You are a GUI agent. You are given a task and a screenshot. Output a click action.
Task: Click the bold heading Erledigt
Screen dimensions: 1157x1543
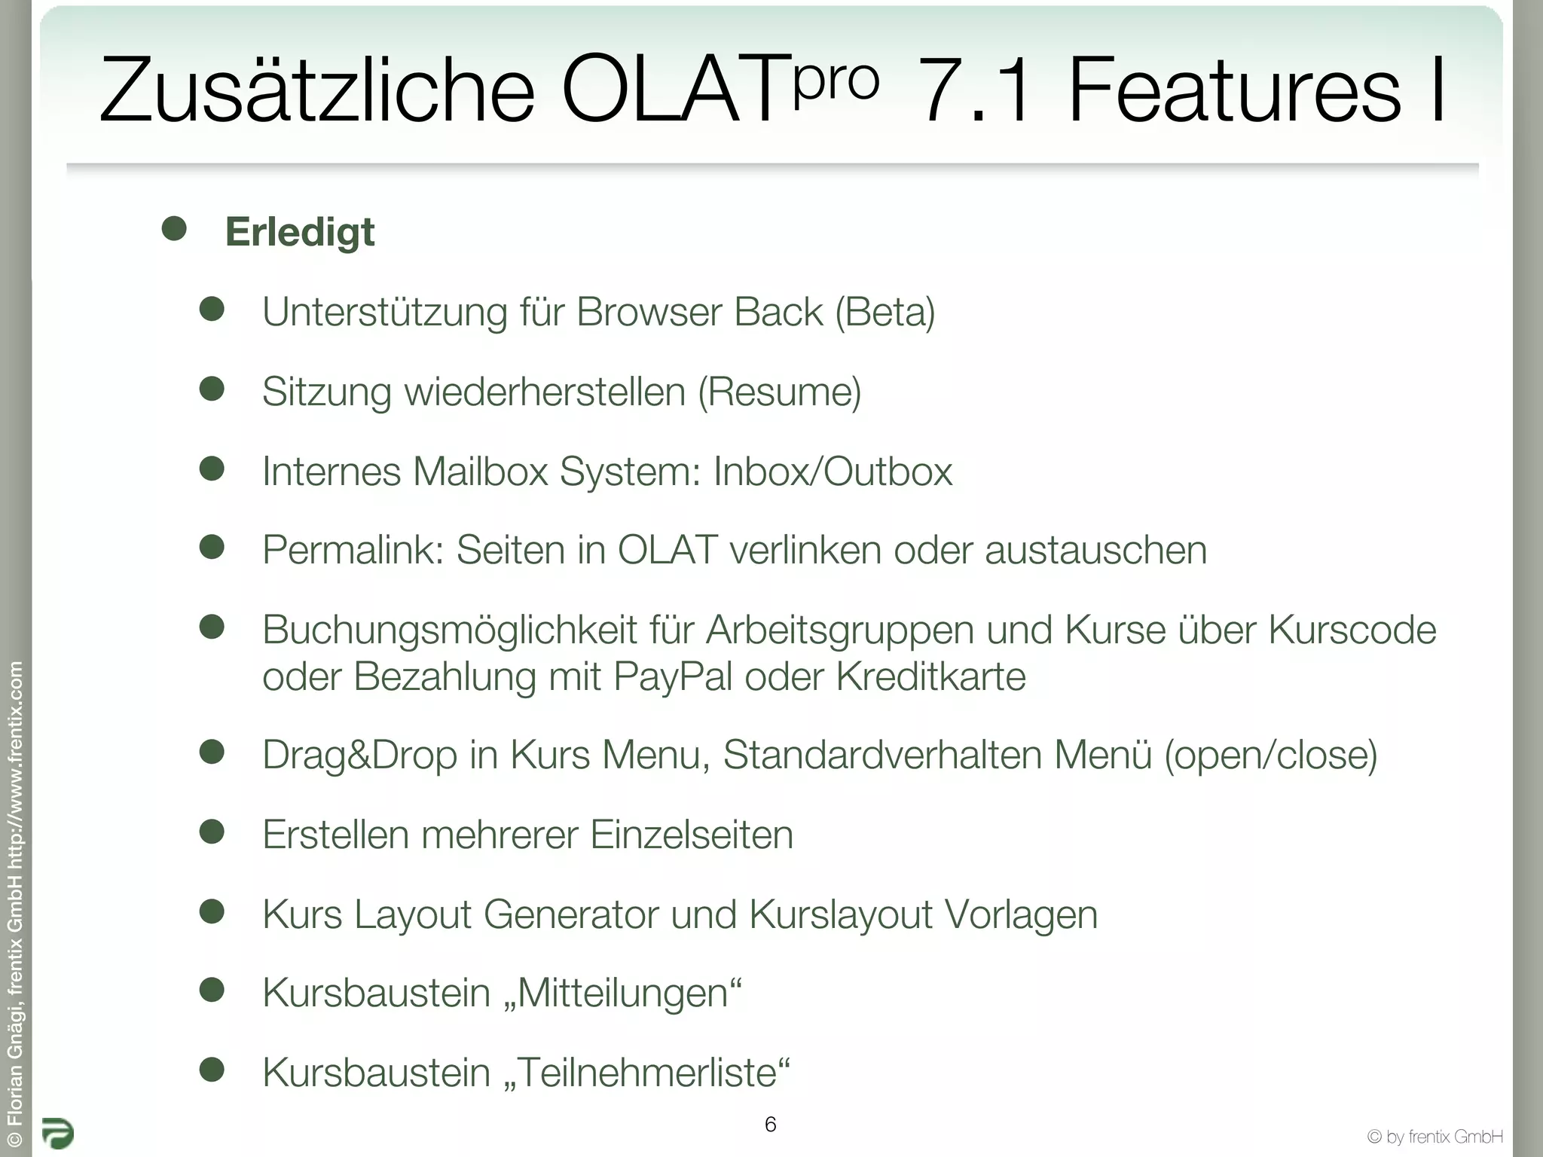[x=299, y=232]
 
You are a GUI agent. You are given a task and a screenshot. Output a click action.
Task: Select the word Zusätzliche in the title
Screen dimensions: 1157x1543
[x=316, y=90]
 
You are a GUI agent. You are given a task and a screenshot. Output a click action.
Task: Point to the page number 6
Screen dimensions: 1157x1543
[x=770, y=1125]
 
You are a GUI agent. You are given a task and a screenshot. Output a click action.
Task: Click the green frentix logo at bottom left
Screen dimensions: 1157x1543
[x=57, y=1133]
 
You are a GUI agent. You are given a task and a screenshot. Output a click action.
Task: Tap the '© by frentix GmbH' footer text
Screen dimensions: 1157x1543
[x=1435, y=1136]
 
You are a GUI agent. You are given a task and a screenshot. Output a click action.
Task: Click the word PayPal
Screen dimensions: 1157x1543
[x=672, y=676]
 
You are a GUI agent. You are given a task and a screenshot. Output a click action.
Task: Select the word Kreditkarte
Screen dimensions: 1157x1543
[x=931, y=676]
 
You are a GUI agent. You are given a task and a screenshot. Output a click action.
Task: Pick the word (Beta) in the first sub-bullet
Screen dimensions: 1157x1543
[x=885, y=313]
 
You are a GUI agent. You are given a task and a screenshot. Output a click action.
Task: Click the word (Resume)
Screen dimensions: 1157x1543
[x=779, y=392]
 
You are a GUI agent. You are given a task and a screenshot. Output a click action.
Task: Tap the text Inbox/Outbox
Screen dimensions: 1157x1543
[x=833, y=472]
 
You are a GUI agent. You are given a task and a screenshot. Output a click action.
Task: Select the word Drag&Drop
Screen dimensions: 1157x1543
[x=359, y=756]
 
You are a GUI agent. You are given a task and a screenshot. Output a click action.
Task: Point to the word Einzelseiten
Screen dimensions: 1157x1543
[x=692, y=835]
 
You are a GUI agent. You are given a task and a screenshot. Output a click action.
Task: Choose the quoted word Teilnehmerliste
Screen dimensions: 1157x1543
[x=647, y=1073]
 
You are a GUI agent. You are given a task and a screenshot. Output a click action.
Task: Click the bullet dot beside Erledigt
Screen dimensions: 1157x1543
[x=174, y=229]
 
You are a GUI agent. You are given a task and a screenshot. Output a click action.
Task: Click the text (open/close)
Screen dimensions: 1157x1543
[x=1270, y=756]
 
